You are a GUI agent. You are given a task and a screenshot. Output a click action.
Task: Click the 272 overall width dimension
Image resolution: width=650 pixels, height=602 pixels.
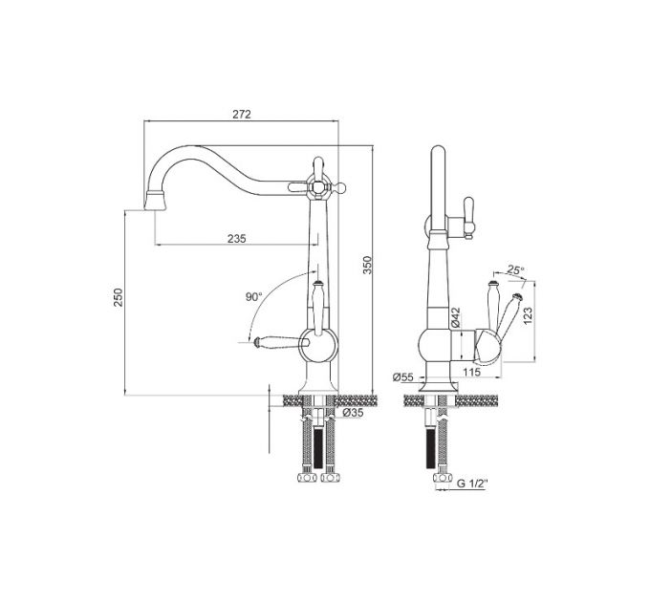pyautogui.click(x=241, y=114)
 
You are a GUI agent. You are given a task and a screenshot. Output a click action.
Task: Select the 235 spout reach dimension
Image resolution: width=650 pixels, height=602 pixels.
pyautogui.click(x=237, y=239)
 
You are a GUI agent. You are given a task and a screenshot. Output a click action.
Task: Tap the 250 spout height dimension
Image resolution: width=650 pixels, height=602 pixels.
pyautogui.click(x=119, y=299)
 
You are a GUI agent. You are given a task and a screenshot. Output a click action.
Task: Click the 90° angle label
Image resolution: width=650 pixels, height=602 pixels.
pyautogui.click(x=252, y=297)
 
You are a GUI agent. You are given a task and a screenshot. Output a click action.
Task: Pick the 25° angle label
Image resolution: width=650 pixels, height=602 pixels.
pyautogui.click(x=515, y=270)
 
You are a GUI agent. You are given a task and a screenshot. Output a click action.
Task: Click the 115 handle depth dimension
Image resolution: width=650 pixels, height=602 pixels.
pyautogui.click(x=471, y=371)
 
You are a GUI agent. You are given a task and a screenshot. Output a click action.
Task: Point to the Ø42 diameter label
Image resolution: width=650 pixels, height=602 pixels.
pyautogui.click(x=457, y=316)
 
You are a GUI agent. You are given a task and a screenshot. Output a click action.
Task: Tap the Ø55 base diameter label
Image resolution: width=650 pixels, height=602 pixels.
pyautogui.click(x=403, y=377)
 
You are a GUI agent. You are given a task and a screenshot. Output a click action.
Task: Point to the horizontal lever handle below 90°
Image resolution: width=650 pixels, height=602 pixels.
pyautogui.click(x=275, y=339)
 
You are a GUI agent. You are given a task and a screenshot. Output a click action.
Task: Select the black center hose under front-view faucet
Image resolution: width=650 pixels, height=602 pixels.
pyautogui.click(x=317, y=444)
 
